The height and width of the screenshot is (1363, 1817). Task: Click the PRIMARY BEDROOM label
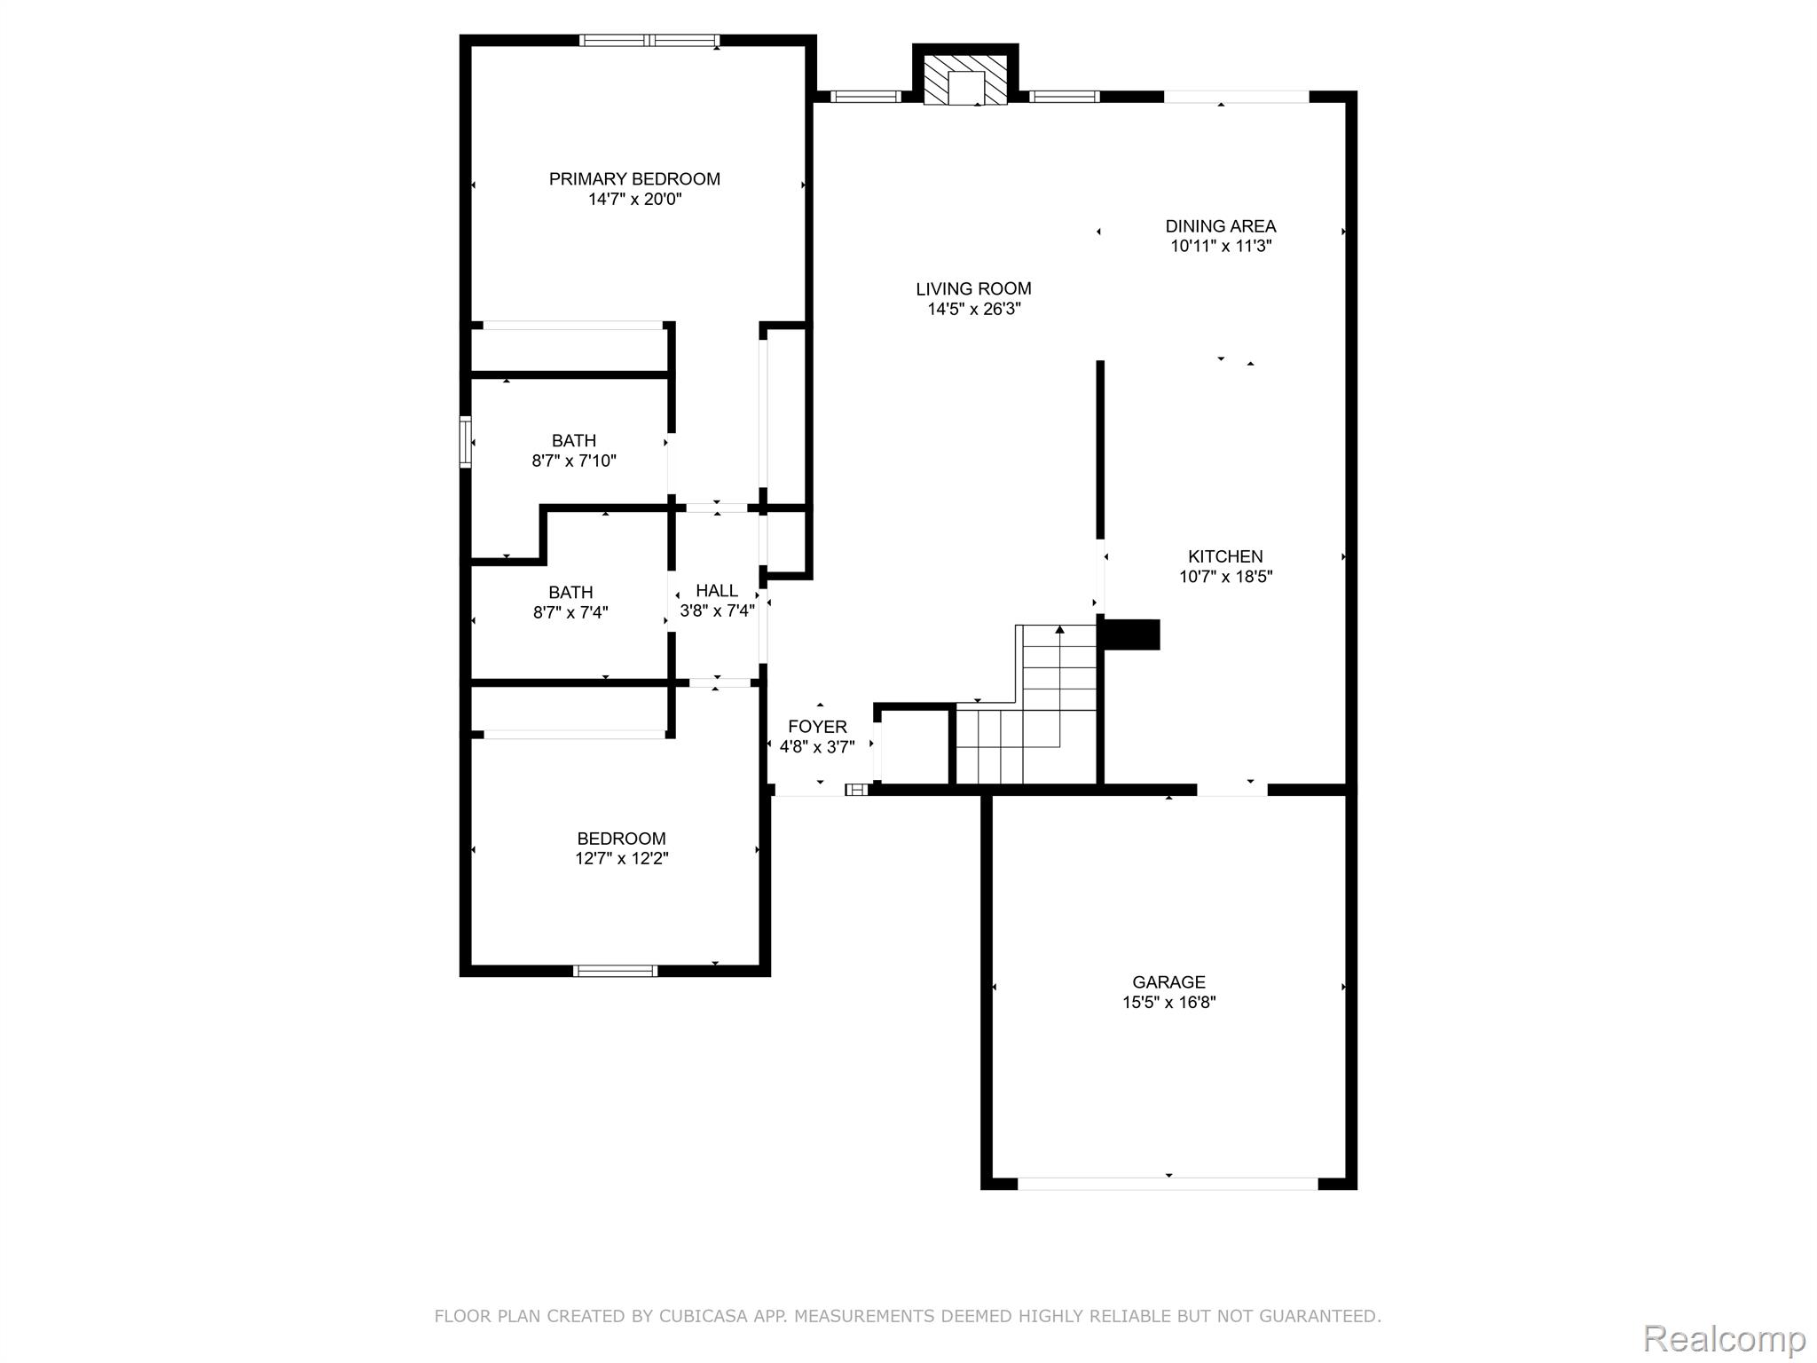[x=634, y=179]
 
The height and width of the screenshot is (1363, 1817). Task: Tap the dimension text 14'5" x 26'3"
[x=974, y=310]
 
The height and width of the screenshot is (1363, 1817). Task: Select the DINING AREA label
[x=1221, y=226]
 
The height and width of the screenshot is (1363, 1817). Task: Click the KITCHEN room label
[x=1225, y=556]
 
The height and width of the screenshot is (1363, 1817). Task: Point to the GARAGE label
[x=1168, y=981]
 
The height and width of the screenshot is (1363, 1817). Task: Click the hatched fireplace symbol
[x=965, y=80]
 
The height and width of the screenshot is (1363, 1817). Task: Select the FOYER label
[x=817, y=727]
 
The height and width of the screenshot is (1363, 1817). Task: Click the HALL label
[x=717, y=591]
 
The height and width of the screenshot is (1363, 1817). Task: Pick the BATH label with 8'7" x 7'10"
[x=574, y=441]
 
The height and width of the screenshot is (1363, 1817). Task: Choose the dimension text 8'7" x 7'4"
[x=570, y=612]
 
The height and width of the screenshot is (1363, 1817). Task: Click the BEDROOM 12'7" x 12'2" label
[x=621, y=839]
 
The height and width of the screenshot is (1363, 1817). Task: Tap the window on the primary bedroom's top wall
[x=649, y=40]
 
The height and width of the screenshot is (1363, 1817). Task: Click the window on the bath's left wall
[x=465, y=441]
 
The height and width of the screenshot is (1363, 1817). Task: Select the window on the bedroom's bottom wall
[x=615, y=971]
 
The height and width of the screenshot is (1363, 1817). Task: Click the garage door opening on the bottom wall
[x=1168, y=1184]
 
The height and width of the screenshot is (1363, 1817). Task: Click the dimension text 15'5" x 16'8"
[x=1168, y=1003]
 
